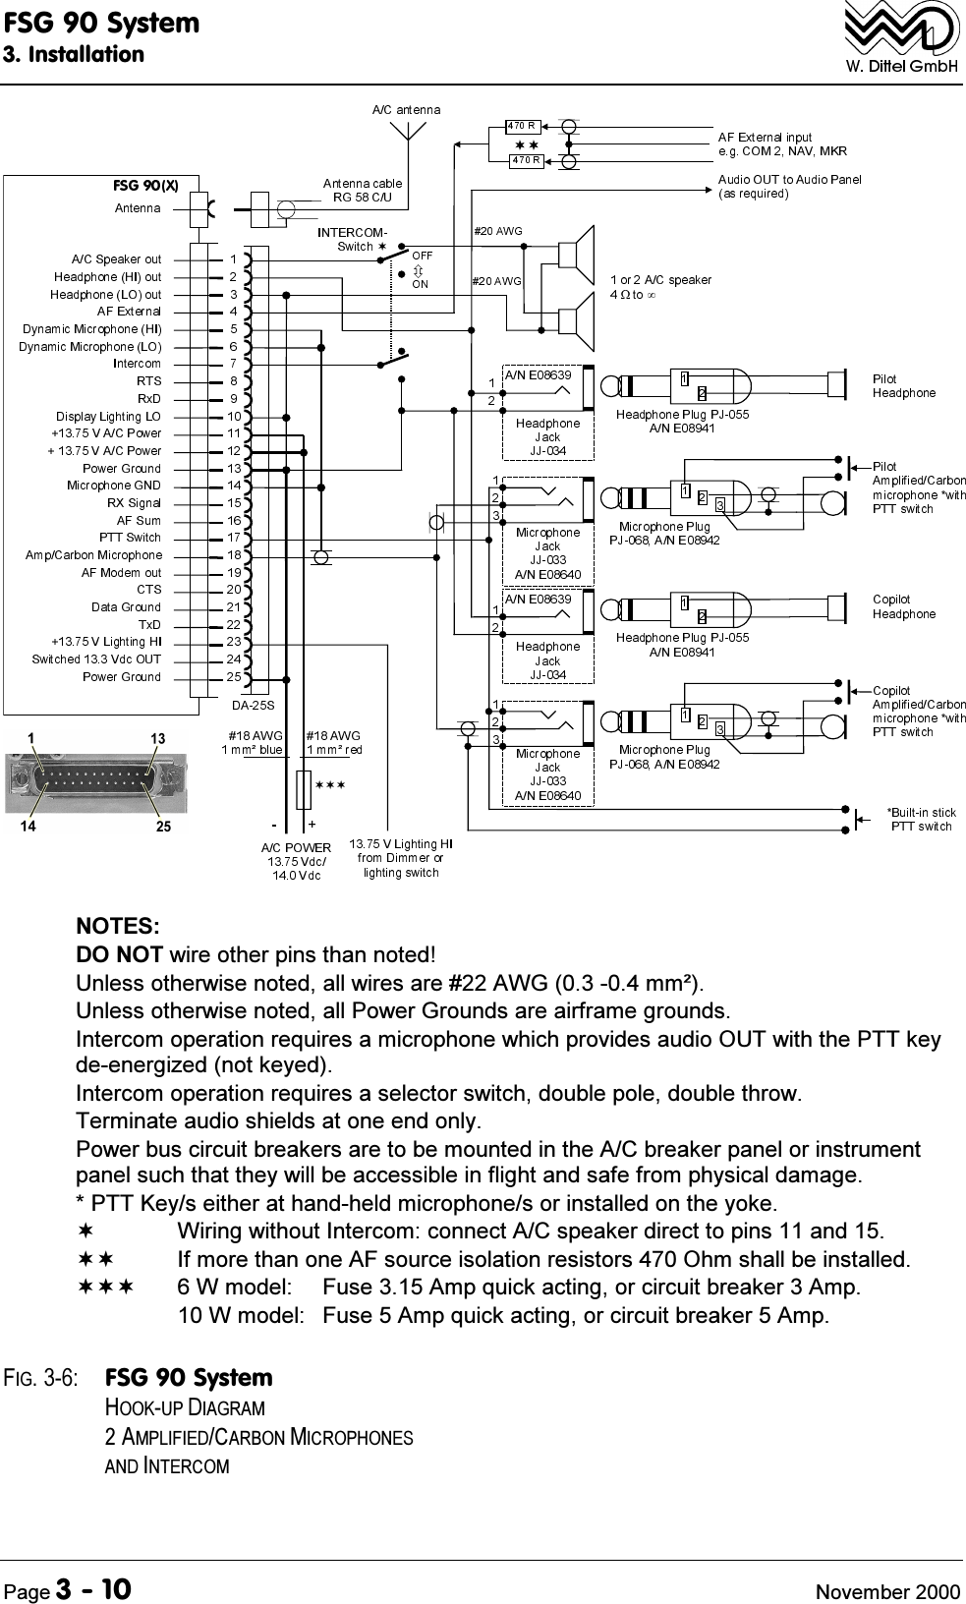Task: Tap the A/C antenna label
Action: click(x=406, y=109)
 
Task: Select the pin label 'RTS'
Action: click(x=148, y=381)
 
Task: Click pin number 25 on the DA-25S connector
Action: click(x=233, y=677)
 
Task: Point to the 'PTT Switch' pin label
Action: click(x=130, y=538)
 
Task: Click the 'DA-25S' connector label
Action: click(x=253, y=705)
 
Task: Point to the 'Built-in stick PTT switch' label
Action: click(x=921, y=819)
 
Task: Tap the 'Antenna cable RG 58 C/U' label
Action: click(x=363, y=190)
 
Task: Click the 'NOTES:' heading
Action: click(x=119, y=926)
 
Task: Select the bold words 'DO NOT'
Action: click(x=120, y=954)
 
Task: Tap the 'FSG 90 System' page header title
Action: click(x=100, y=22)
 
